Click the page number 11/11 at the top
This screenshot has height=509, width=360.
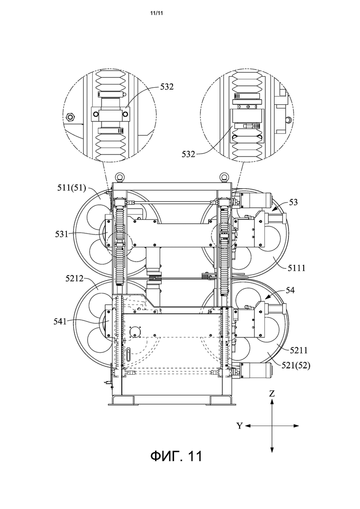pos(156,13)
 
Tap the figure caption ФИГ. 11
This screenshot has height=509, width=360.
pos(176,456)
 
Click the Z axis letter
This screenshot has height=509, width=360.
pos(272,394)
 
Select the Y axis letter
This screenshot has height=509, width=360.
pos(239,426)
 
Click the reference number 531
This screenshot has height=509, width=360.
pos(61,234)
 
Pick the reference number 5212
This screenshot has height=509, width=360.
pos(74,278)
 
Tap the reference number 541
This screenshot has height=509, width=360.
pos(60,322)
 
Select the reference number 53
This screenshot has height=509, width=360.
pos(293,202)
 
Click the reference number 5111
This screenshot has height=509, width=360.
pos(296,268)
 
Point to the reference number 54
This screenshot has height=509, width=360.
pos(290,290)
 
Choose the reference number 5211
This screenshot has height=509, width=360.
pos(298,350)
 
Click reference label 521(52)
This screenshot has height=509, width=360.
pos(296,365)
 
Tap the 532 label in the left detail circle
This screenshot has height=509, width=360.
pos(167,87)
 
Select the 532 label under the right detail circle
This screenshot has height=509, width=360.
pos(188,154)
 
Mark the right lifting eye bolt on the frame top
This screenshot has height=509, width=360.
pos(224,177)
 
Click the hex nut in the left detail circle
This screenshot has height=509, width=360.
pos(70,116)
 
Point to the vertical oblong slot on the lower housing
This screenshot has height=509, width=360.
pos(130,354)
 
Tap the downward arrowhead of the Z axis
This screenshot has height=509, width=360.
pos(272,449)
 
